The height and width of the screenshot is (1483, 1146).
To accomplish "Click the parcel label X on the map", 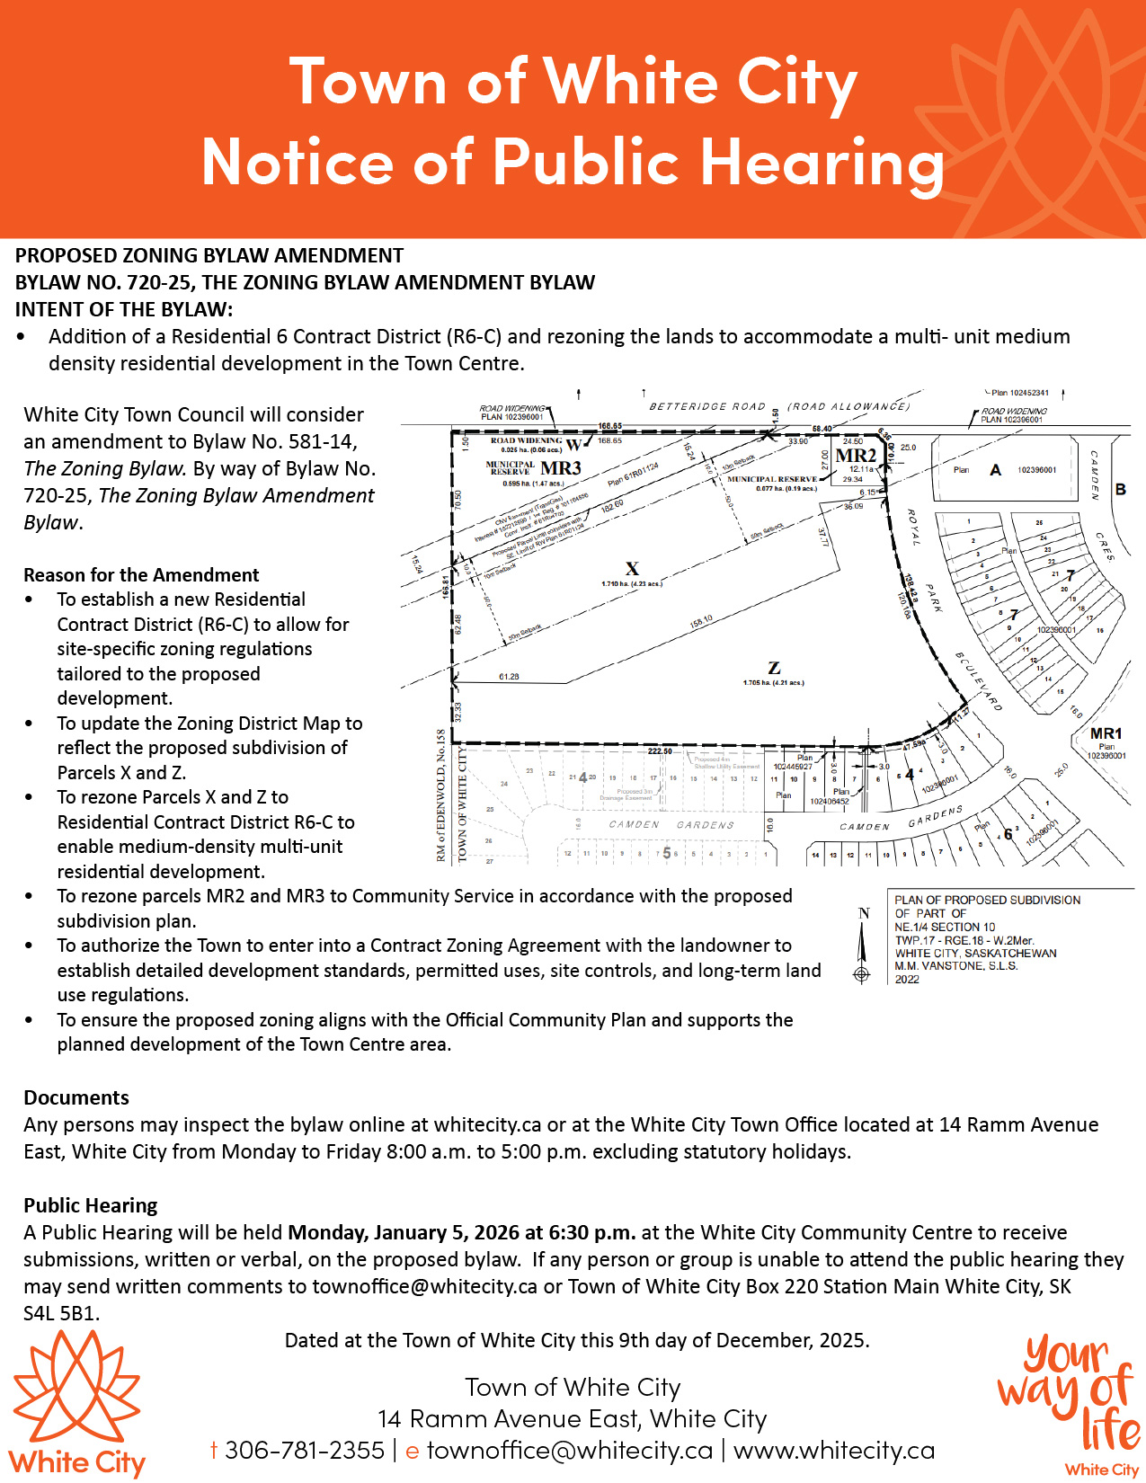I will tap(632, 568).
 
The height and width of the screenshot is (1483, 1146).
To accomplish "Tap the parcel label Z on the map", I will tap(774, 668).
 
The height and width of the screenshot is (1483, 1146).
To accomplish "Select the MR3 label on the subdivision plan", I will tap(561, 468).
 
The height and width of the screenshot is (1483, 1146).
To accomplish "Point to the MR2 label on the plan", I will tap(855, 455).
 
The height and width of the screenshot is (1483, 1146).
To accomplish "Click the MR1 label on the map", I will tap(1106, 733).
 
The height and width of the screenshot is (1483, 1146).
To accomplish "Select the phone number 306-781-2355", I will tap(305, 1450).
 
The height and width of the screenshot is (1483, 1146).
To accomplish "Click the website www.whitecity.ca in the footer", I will tap(834, 1450).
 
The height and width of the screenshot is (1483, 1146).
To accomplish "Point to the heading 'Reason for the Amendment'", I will tap(141, 575).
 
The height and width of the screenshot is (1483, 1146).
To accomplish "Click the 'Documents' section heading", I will tap(76, 1097).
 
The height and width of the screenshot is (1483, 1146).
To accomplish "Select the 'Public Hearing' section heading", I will tap(91, 1205).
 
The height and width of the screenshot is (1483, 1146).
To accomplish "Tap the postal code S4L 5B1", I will tap(60, 1313).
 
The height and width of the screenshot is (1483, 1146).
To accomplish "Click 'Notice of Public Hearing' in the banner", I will tap(573, 163).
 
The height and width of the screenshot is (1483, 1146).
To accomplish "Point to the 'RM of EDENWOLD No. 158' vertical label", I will tap(441, 795).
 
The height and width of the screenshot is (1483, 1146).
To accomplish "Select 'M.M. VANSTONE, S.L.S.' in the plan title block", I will tap(955, 966).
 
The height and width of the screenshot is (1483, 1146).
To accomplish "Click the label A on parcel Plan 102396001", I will tap(995, 469).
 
